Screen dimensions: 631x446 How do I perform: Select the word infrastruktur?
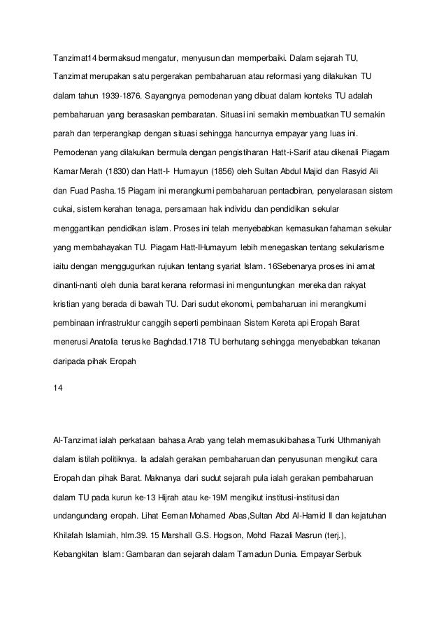[122, 324]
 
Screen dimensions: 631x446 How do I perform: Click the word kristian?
[69, 305]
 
